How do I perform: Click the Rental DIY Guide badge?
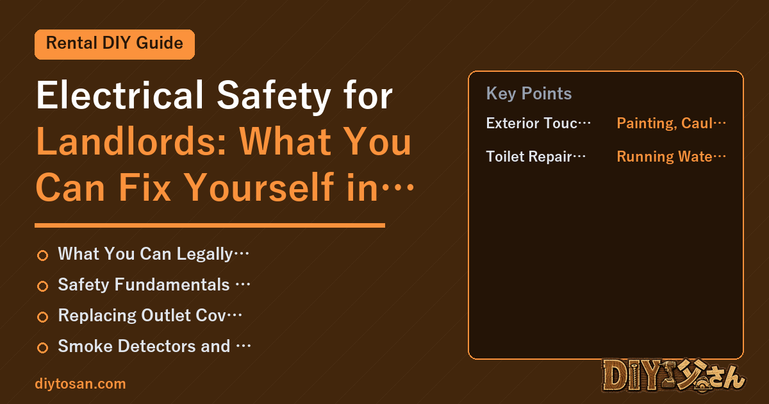[x=115, y=44]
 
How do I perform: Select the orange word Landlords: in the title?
[x=131, y=141]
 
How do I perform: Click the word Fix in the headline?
[x=145, y=187]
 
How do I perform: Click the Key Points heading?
[x=529, y=94]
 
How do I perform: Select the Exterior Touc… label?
[x=538, y=123]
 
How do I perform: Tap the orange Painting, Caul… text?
[x=671, y=123]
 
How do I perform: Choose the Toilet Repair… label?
[x=536, y=156]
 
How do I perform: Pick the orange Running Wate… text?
[x=671, y=156]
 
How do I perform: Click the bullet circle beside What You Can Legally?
[x=42, y=255]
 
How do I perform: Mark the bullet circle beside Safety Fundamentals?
[x=42, y=286]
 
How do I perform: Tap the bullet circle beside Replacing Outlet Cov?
[x=42, y=317]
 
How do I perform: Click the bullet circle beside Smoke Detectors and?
[x=42, y=348]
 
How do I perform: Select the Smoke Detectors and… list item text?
[x=154, y=346]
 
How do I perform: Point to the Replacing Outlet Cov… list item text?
[x=150, y=316]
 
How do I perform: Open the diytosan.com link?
[x=80, y=384]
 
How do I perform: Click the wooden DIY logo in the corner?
[x=674, y=376]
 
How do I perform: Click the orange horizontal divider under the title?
[x=210, y=225]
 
